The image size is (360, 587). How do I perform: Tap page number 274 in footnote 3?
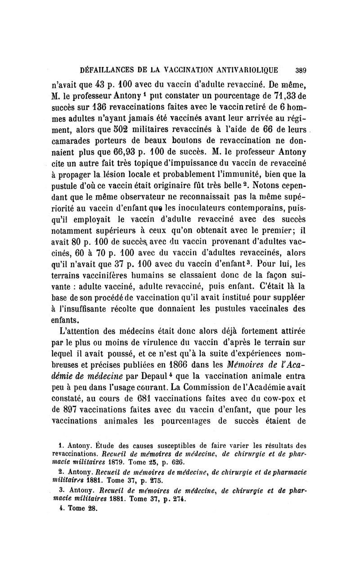coord(178,499)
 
